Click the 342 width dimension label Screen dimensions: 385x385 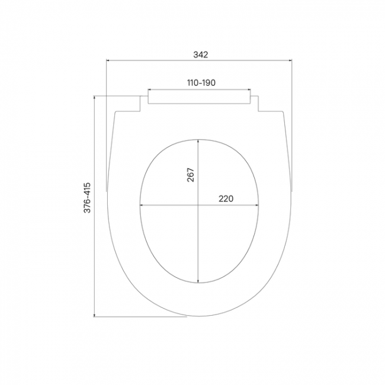click(x=201, y=54)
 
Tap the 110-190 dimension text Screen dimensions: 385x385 click(x=201, y=83)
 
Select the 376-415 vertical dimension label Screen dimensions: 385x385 click(x=88, y=198)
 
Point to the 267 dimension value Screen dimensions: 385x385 click(x=191, y=175)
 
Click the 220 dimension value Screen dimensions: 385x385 click(x=226, y=198)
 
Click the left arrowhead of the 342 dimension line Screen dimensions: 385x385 click(x=108, y=60)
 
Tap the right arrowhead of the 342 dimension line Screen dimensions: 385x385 click(x=290, y=60)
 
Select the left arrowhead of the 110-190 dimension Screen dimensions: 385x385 click(x=149, y=89)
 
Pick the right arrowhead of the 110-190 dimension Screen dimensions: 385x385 click(x=249, y=89)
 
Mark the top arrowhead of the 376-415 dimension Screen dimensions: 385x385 click(x=95, y=98)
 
